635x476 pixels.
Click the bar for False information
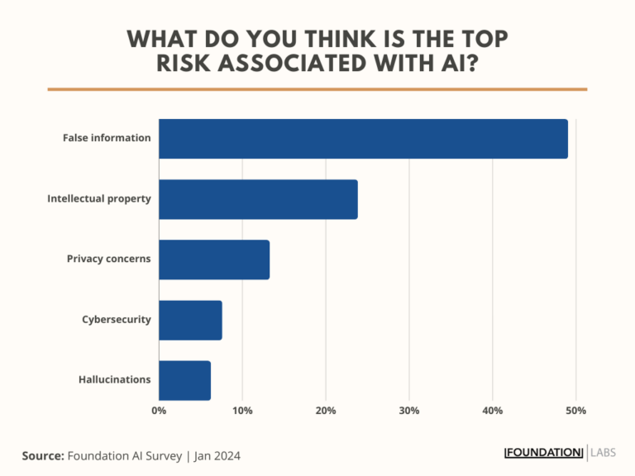[x=363, y=139]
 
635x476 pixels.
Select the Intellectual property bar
[x=258, y=199]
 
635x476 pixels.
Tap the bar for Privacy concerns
[x=214, y=259]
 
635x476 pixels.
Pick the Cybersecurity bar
[x=190, y=320]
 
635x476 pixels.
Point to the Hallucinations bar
[x=184, y=380]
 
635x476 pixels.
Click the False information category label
[x=107, y=138]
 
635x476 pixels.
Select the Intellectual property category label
[x=99, y=199]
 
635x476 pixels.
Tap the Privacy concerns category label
[x=109, y=259]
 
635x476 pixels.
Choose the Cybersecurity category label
[x=116, y=319]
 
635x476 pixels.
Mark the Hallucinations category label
[x=115, y=379]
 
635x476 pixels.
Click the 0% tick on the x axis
[x=159, y=411]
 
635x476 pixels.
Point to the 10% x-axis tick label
[x=242, y=411]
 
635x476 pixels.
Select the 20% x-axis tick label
[x=326, y=411]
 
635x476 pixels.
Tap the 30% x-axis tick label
[x=409, y=411]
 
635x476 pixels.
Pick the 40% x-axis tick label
[x=493, y=411]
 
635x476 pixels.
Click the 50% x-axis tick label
[x=576, y=411]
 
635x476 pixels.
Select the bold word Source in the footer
[x=42, y=455]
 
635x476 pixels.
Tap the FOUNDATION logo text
[x=544, y=452]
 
